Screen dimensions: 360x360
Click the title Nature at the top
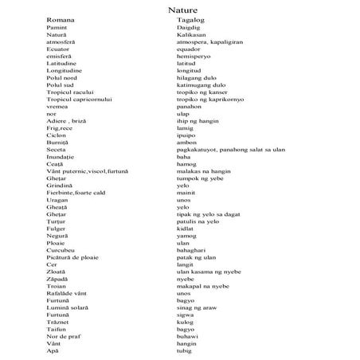183,10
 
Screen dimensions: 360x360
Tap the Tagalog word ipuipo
187,135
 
